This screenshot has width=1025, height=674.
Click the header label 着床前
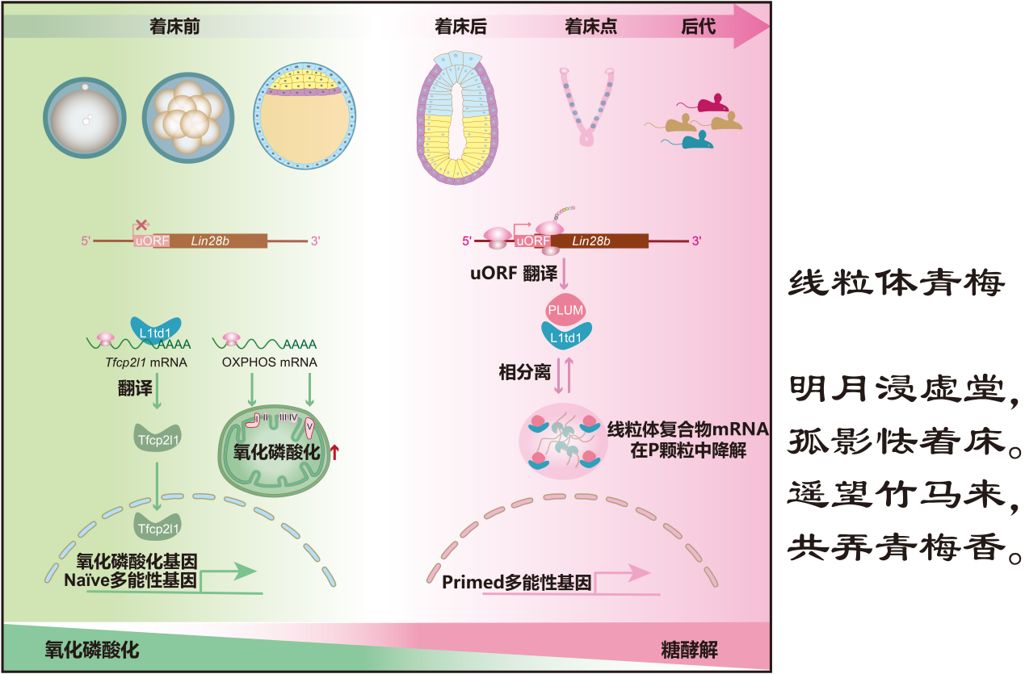(174, 26)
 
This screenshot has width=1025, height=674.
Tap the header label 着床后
(460, 26)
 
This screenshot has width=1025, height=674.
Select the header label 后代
(699, 26)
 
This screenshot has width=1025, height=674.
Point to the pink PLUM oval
(565, 310)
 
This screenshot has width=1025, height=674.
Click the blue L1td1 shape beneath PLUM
(565, 334)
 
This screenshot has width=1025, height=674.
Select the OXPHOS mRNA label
(270, 362)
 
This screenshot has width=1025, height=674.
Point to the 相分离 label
(524, 372)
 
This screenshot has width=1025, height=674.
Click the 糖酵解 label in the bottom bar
(689, 650)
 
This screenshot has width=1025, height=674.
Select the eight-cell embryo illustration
(182, 115)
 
